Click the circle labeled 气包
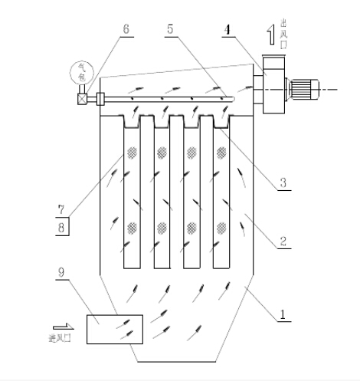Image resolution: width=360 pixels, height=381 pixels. point(80,74)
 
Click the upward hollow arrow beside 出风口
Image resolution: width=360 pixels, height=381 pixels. point(270,35)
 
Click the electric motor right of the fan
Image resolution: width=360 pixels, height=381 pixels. point(303,90)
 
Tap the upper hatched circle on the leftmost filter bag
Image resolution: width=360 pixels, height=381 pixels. point(132,152)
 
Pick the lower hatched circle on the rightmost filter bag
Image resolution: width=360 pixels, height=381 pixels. point(221,227)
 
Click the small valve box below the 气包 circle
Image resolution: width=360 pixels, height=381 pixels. point(81,98)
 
